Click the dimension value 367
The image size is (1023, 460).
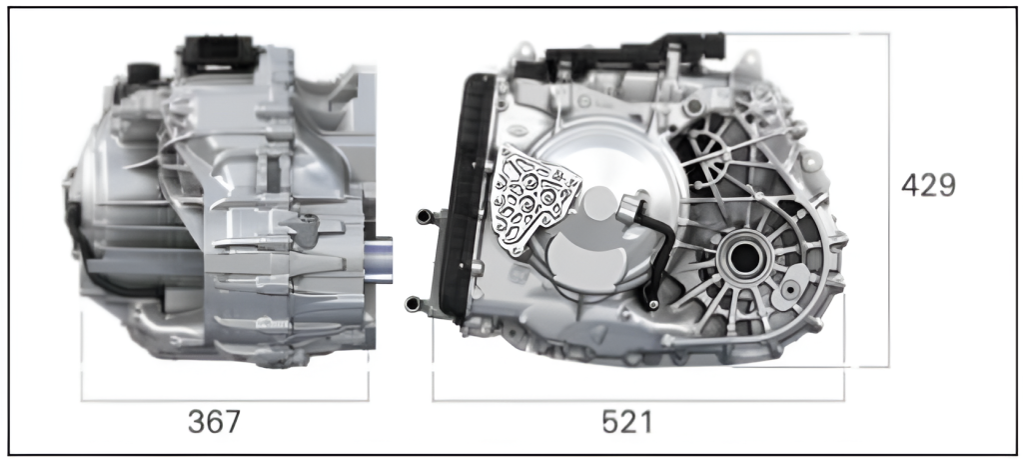point(214,422)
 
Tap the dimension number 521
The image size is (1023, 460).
point(627,422)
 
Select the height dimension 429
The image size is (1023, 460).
point(928,186)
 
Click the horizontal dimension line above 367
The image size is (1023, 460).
point(225,400)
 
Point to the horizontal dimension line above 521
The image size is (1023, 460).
point(638,400)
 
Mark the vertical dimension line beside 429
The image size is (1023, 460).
point(888,200)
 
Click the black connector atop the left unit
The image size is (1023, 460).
point(220,53)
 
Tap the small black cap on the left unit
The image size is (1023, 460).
point(144,73)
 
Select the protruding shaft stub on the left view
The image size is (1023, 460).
point(378,259)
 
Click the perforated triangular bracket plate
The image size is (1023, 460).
point(533,199)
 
